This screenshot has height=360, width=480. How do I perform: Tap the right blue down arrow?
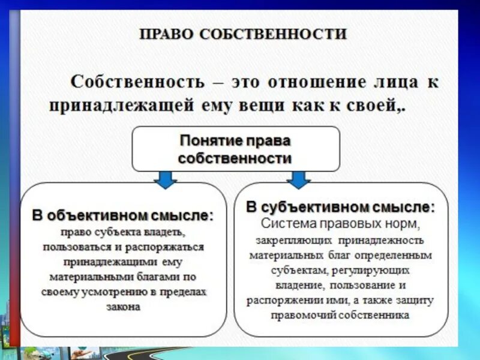point(298,178)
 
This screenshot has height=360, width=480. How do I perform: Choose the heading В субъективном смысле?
point(340,208)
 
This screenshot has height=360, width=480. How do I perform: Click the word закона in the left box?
point(124,306)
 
